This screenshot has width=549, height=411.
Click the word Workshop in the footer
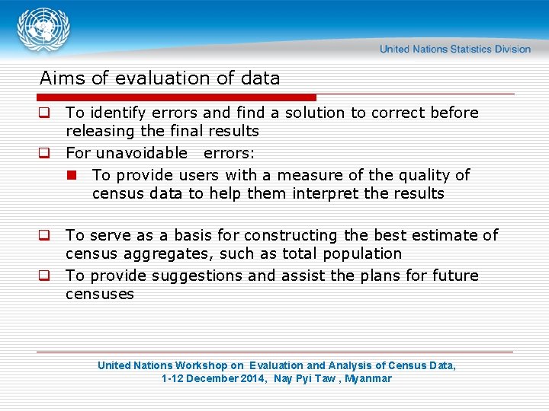(202, 365)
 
